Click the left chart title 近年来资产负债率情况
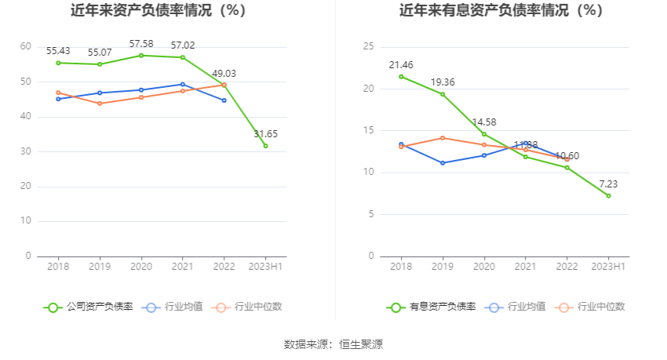[158, 11]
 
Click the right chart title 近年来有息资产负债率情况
[501, 11]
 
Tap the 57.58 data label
[141, 42]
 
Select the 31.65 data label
[265, 134]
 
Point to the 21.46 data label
[401, 64]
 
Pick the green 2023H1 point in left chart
[265, 146]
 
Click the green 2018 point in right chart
[401, 76]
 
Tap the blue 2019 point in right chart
[443, 163]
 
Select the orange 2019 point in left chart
[100, 104]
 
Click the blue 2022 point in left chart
[224, 100]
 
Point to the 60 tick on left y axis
[26, 47]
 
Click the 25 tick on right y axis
[368, 47]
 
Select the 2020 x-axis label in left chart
[141, 267]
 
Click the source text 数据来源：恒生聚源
[333, 344]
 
